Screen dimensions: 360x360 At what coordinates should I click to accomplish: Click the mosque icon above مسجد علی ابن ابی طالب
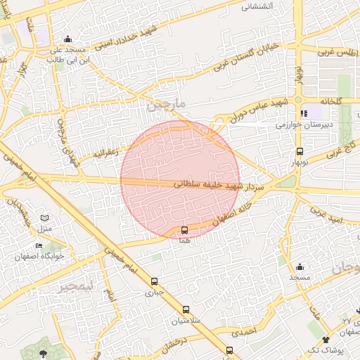tap(67, 39)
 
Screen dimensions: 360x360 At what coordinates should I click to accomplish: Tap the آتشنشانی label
tap(257, 6)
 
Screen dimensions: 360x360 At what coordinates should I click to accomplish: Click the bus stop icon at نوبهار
tap(300, 151)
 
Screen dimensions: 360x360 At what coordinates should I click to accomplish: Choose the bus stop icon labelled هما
tap(184, 230)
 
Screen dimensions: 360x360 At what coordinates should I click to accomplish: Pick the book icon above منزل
tap(45, 219)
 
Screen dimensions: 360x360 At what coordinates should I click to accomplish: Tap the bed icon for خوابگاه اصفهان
tap(39, 245)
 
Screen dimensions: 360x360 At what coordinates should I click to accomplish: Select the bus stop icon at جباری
tap(154, 281)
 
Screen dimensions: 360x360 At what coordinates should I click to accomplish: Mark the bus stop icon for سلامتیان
tap(186, 309)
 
